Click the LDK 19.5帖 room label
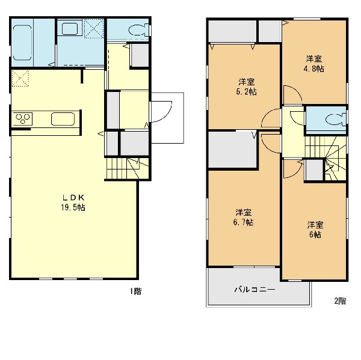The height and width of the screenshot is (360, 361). point(73,203)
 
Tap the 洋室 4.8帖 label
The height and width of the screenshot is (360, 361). point(314,64)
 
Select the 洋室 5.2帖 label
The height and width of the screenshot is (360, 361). point(246,87)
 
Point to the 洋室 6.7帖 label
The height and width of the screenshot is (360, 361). point(243,218)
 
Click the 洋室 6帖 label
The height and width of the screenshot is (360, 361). point(315,230)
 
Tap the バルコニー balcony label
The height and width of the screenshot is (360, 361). point(255,289)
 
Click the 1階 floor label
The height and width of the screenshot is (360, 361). point(136,291)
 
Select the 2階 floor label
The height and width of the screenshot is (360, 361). point(340,301)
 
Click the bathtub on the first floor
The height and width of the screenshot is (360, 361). point(22,43)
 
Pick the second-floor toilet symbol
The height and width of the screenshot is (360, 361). point(336,120)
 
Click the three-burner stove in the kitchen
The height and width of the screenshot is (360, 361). point(22,119)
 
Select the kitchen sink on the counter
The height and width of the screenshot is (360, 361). point(63,119)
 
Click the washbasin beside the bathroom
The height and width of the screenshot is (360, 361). point(70,28)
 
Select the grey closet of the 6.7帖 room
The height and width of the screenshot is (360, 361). point(232,150)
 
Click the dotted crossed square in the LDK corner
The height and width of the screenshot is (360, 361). point(20,78)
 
